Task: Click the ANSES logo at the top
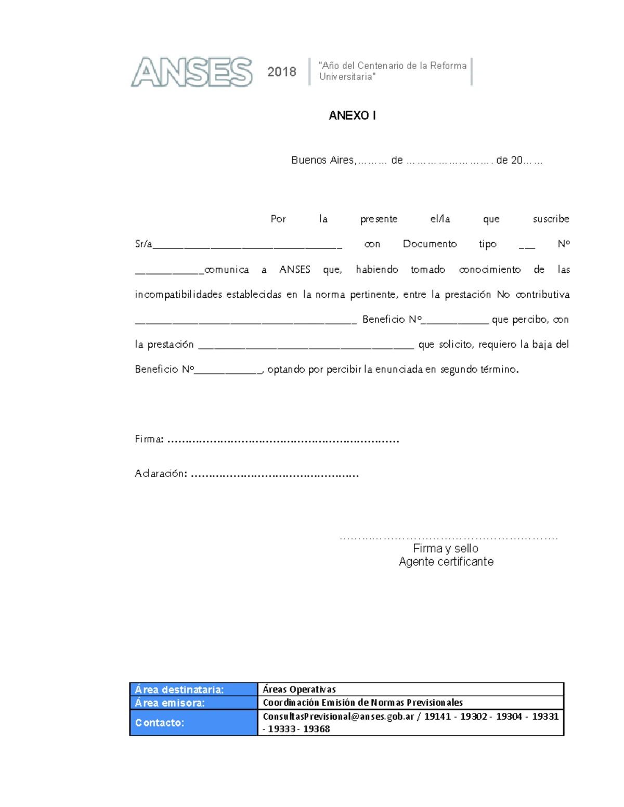point(191,72)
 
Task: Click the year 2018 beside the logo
point(281,72)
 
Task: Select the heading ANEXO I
point(352,115)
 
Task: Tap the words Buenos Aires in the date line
point(322,160)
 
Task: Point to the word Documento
point(430,244)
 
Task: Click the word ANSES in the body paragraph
point(295,269)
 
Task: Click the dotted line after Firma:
point(283,441)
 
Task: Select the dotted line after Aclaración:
point(275,475)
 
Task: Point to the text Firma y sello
point(446,548)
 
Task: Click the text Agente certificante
point(446,562)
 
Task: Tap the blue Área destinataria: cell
point(193,690)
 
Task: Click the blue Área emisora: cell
point(193,703)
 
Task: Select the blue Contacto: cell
point(193,723)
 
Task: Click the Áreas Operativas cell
point(300,690)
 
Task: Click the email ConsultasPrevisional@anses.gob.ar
point(338,717)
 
